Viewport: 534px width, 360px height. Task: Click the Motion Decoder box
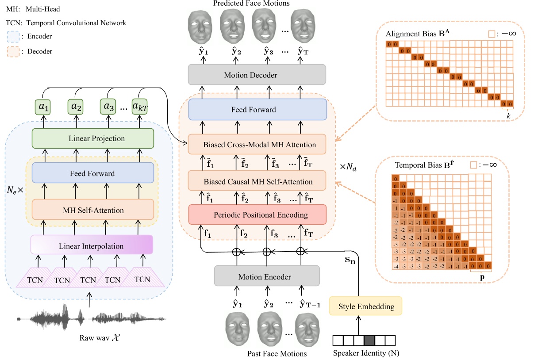(257, 75)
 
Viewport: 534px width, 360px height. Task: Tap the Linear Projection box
(92, 138)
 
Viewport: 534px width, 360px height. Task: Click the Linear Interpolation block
(92, 245)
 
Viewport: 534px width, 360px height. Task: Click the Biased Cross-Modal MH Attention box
(257, 145)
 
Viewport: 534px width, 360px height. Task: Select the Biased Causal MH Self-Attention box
(257, 181)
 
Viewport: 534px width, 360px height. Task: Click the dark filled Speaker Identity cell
(369, 341)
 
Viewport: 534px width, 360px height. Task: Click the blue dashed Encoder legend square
(15, 37)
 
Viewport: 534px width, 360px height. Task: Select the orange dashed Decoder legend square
(15, 51)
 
